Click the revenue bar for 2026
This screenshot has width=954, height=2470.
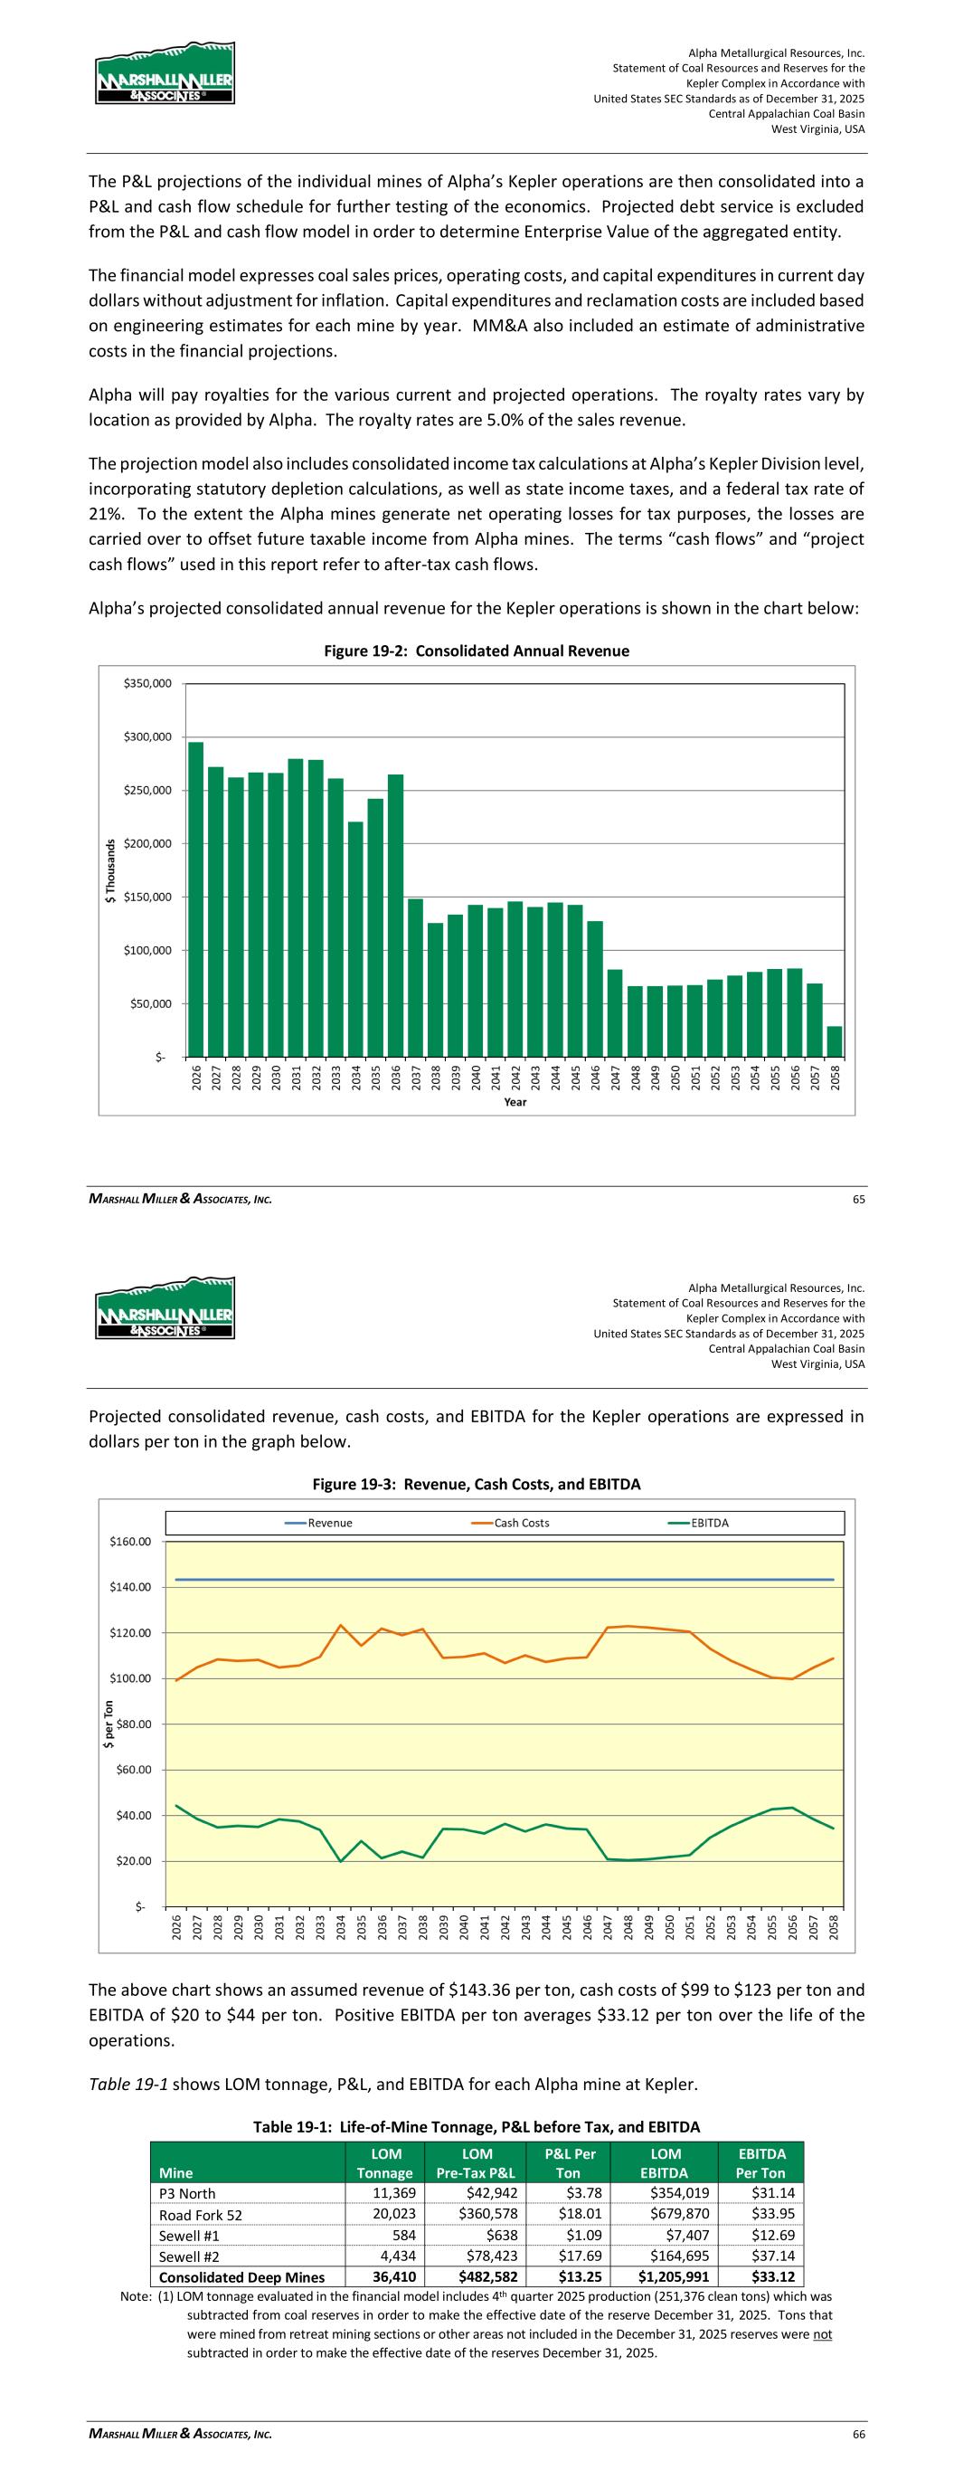tap(195, 898)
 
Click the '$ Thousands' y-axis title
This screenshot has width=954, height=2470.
tap(111, 870)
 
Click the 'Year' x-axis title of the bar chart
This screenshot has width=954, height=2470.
tap(515, 1102)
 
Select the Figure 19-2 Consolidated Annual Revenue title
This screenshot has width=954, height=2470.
tap(477, 651)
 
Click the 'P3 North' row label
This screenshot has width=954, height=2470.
tap(187, 2194)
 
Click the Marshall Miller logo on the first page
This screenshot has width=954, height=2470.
tap(165, 74)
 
